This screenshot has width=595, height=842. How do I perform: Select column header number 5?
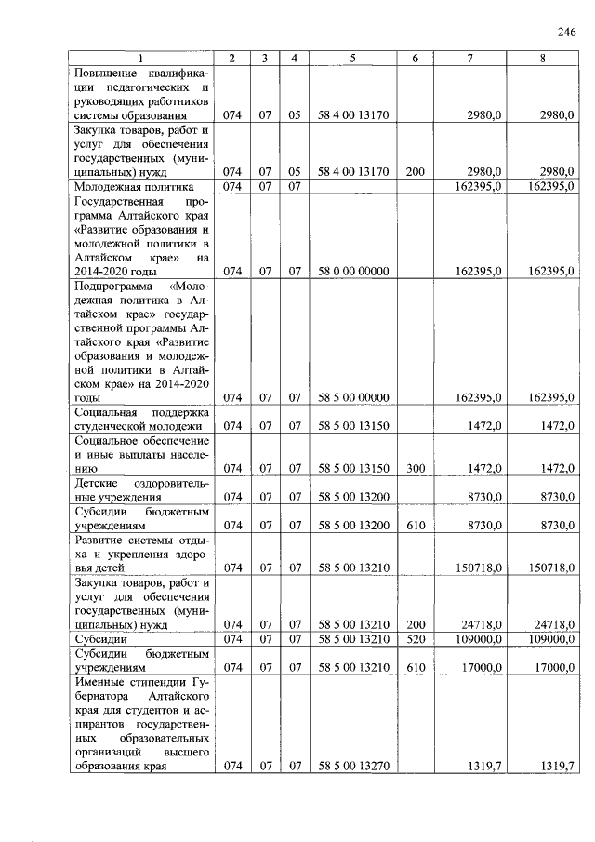[x=353, y=59]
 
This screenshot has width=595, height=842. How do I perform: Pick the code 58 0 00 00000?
[x=353, y=271]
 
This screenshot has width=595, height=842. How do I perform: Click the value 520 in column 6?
[x=416, y=640]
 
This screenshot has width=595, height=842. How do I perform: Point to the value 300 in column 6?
[x=416, y=468]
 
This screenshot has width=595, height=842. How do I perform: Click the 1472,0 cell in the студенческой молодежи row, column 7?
[x=484, y=425]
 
